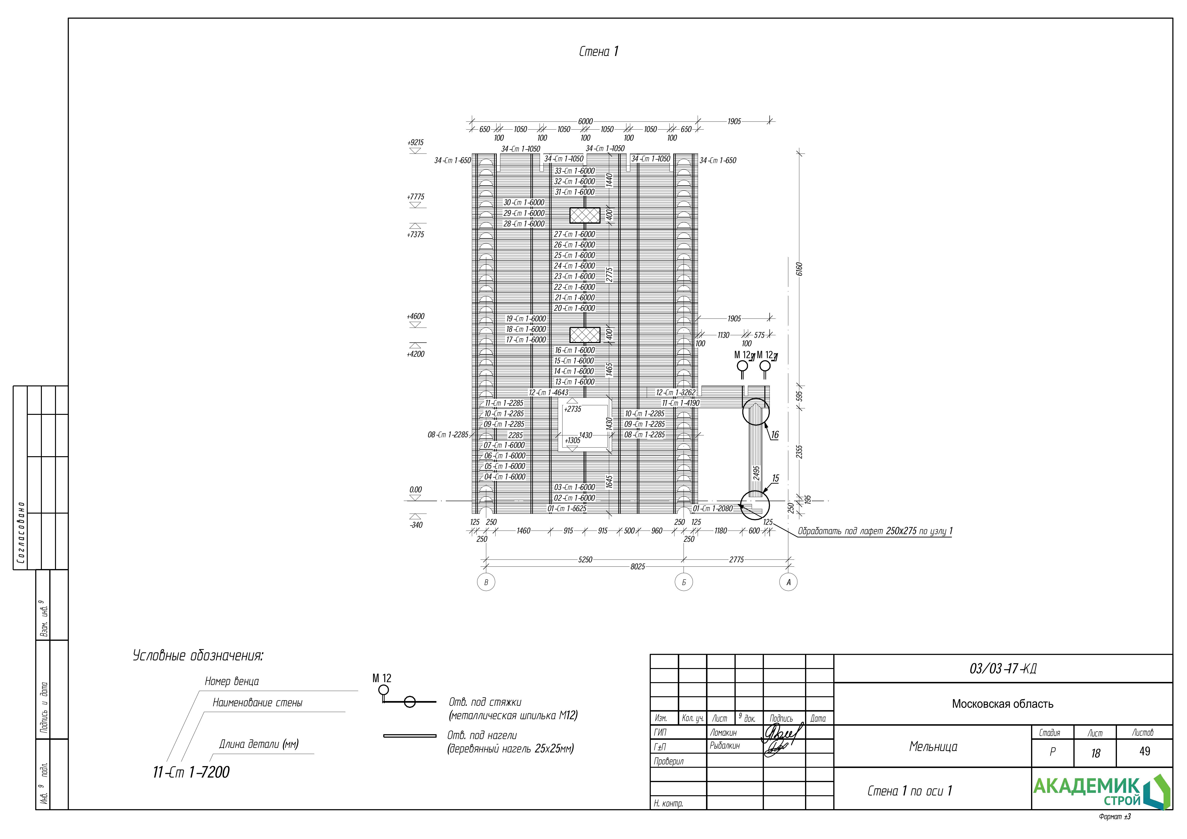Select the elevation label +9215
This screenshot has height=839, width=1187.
[x=415, y=143]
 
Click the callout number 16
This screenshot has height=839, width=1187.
[x=774, y=435]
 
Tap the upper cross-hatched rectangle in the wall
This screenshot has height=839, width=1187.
[x=585, y=215]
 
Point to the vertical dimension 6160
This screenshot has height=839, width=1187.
[x=799, y=269]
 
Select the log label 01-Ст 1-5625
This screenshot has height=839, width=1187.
[x=567, y=509]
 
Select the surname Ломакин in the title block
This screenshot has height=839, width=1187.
[x=723, y=733]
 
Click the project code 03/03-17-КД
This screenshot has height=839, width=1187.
[x=1003, y=669]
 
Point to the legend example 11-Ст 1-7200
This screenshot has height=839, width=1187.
[x=191, y=772]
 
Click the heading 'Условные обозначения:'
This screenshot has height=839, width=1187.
[x=198, y=656]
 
